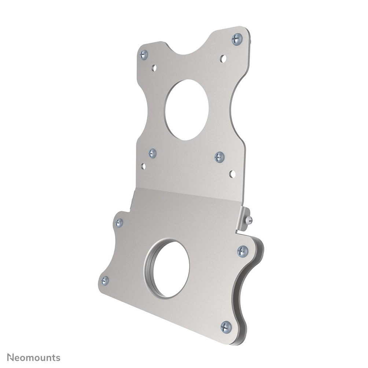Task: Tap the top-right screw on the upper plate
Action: [237, 39]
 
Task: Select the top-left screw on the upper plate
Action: [144, 55]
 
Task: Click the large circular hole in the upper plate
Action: [187, 110]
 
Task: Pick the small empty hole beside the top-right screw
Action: [223, 58]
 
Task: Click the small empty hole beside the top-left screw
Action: [154, 68]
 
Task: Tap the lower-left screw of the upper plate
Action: [152, 153]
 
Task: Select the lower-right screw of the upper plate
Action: [220, 157]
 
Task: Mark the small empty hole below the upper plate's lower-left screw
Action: [143, 166]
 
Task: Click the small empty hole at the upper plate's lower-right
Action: [232, 174]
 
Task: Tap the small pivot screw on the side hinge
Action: [249, 220]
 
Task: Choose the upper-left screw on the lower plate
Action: [119, 222]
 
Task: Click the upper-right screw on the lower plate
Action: [242, 251]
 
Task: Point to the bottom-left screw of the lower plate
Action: [105, 281]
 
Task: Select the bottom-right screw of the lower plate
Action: [226, 327]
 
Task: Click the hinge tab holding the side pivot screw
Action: [243, 219]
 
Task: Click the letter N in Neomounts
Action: [11, 357]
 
